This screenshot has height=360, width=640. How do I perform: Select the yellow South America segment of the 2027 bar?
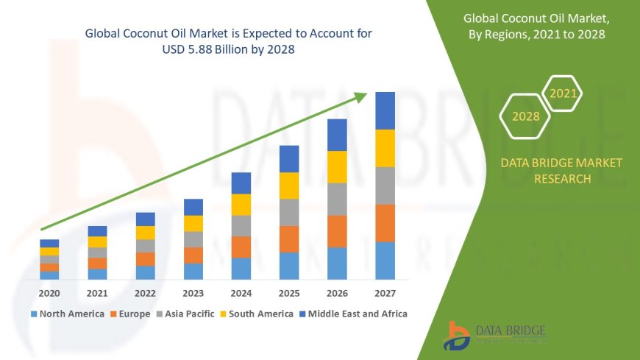point(385,148)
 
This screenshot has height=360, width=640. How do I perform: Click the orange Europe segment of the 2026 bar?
point(337,231)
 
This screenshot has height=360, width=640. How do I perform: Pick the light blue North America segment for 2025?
point(289,266)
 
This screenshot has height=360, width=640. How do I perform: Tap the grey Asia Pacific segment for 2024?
point(241,225)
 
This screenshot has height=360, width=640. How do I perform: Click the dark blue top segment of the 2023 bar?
point(193,207)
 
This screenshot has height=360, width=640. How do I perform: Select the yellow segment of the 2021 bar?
point(97,241)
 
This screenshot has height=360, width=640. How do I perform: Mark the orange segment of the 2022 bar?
point(145,258)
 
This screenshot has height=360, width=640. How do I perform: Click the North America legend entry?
point(67,314)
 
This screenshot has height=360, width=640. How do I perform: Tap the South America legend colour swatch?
point(224,314)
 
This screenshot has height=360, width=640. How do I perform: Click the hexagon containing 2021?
point(563,94)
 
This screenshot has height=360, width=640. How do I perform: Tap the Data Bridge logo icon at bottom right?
point(457,336)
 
